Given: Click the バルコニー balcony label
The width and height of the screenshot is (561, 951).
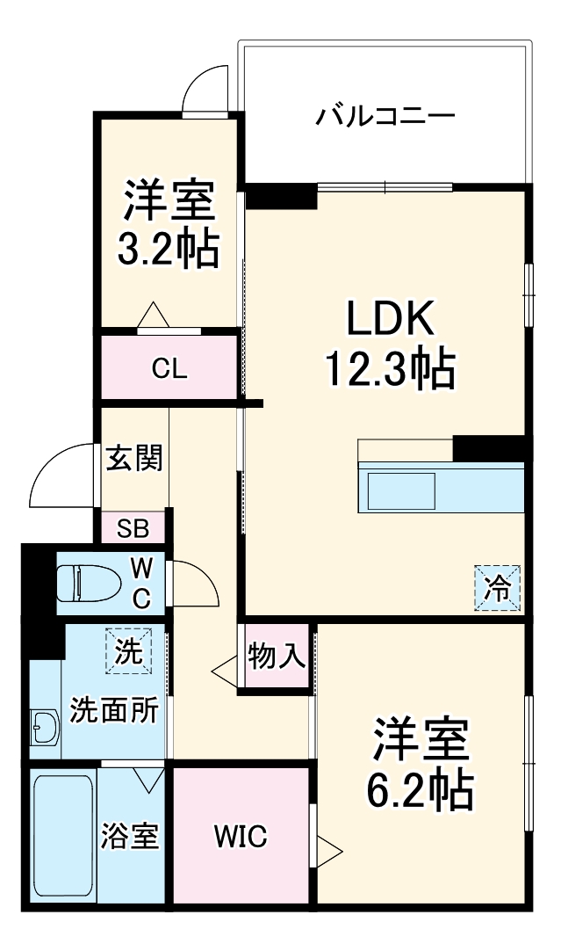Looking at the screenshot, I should pyautogui.click(x=385, y=115).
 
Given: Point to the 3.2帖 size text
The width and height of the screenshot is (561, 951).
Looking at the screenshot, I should pyautogui.click(x=169, y=249).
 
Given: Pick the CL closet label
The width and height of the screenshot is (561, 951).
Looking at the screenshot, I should pyautogui.click(x=169, y=369).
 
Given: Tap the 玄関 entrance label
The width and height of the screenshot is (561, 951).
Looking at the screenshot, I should pyautogui.click(x=134, y=458).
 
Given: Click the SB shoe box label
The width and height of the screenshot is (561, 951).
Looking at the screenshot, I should pyautogui.click(x=134, y=529).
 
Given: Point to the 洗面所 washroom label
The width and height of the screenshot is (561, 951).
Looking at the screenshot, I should pyautogui.click(x=114, y=709).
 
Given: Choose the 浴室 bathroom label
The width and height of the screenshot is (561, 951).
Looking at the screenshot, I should pyautogui.click(x=131, y=836).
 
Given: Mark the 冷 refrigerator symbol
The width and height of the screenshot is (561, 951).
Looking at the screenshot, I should pyautogui.click(x=498, y=587).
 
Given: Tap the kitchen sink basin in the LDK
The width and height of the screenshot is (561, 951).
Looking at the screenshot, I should pyautogui.click(x=401, y=490).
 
